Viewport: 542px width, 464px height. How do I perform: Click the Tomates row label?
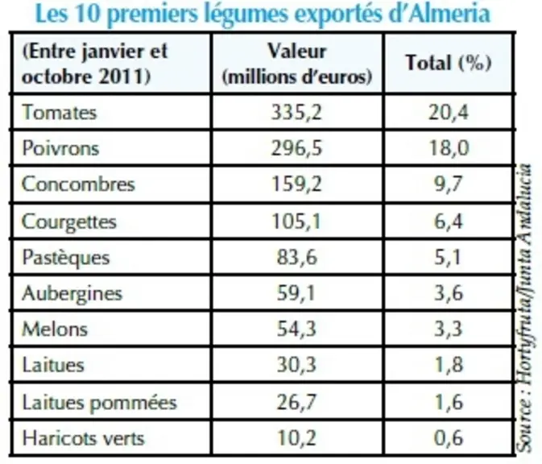[59, 112]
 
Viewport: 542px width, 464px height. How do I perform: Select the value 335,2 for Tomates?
[296, 112]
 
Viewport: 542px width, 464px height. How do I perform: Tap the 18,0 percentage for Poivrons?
[449, 148]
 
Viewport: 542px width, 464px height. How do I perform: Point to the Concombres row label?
[78, 184]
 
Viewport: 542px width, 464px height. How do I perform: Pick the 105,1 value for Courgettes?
[296, 222]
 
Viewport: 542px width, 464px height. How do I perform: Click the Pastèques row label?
[66, 258]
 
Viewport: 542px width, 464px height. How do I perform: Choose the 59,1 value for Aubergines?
[296, 293]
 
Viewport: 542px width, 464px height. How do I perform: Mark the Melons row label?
[55, 329]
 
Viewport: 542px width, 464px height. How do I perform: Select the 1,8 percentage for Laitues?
[449, 365]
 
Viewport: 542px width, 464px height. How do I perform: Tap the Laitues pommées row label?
[99, 403]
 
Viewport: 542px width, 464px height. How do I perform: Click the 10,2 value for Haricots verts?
[297, 438]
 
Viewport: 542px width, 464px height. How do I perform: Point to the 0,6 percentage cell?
[449, 438]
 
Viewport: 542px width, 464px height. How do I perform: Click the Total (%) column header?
[449, 63]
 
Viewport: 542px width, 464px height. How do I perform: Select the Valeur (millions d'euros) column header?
[297, 64]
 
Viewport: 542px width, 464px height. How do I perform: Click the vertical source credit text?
[524, 308]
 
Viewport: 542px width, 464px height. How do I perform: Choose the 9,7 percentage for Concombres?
[449, 184]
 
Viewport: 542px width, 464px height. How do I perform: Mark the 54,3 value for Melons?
[296, 329]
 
